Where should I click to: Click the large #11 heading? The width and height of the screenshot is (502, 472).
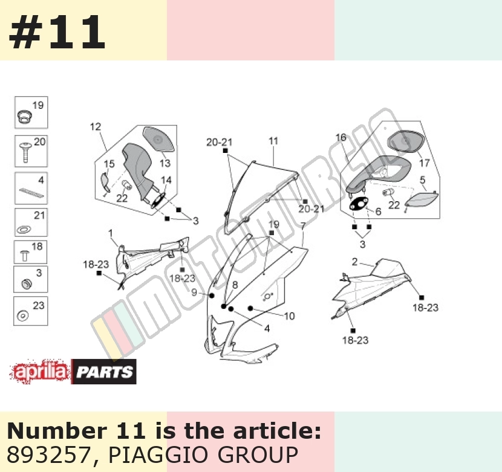(x=57, y=31)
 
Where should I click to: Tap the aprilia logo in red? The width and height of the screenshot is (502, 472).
(x=40, y=372)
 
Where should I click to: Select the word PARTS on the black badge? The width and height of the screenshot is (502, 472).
(x=105, y=372)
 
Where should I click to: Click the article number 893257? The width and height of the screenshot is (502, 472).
(x=48, y=454)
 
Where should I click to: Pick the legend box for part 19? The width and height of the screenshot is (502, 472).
(x=31, y=112)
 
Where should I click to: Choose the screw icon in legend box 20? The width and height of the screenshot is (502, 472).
(x=25, y=153)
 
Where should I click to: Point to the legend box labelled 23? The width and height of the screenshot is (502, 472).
(x=31, y=311)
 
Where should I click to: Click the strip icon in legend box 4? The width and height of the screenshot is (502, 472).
(x=31, y=192)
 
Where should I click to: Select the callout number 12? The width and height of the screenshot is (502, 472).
(x=96, y=127)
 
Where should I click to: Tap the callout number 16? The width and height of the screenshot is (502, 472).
(x=341, y=138)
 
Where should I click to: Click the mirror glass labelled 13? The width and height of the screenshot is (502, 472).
(x=158, y=140)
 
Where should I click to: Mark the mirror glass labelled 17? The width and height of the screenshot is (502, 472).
(x=406, y=141)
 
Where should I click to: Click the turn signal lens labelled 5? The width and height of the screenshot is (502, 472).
(x=422, y=198)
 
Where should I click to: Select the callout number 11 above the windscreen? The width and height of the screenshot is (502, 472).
(x=273, y=141)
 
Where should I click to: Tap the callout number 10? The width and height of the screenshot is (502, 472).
(x=290, y=316)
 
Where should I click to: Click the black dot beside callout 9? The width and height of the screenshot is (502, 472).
(x=211, y=296)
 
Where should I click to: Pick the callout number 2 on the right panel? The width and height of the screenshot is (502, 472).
(x=354, y=262)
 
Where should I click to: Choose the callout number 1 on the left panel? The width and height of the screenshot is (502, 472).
(x=111, y=233)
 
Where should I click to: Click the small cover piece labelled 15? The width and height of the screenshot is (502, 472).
(x=105, y=183)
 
